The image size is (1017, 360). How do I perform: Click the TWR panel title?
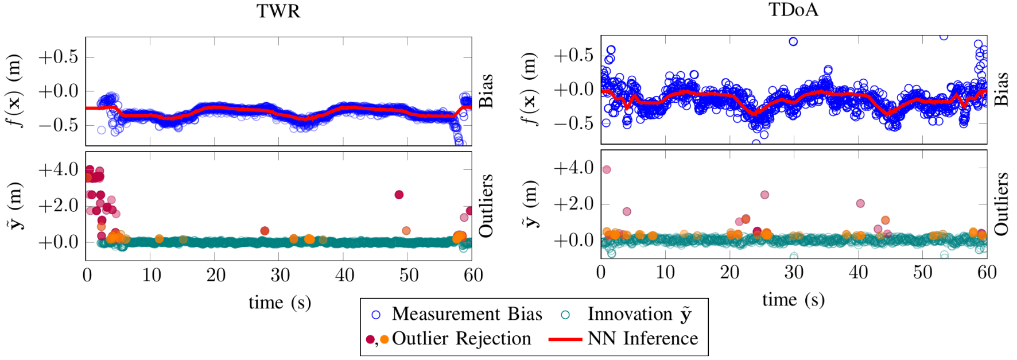tap(278, 11)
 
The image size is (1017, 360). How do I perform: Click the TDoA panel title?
tap(793, 10)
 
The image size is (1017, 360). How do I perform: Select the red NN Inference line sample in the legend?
tap(565, 339)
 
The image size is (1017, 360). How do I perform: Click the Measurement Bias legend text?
tap(467, 314)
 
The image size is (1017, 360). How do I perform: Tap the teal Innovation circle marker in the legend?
tap(565, 315)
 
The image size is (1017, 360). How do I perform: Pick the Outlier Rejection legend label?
tap(461, 339)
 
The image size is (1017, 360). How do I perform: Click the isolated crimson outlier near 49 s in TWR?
tap(399, 195)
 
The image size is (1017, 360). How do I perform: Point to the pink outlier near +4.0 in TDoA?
tap(607, 169)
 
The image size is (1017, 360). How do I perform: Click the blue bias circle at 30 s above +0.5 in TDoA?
tap(793, 41)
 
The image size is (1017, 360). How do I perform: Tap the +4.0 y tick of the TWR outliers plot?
tap(58, 169)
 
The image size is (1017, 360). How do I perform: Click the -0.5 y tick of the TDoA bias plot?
tap(573, 123)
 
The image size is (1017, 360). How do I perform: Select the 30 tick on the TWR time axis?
tap(280, 276)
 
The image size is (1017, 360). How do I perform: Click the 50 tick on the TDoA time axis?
tap(922, 273)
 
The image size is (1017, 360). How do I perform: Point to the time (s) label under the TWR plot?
tap(280, 303)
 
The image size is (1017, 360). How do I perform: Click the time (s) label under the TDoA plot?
tap(793, 300)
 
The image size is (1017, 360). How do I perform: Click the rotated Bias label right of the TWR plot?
tap(486, 91)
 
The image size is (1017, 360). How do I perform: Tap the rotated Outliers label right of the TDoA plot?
tap(1001, 204)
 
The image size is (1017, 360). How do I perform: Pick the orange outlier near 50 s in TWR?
tap(406, 231)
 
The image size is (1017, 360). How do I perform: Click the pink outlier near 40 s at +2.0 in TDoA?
tap(860, 203)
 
